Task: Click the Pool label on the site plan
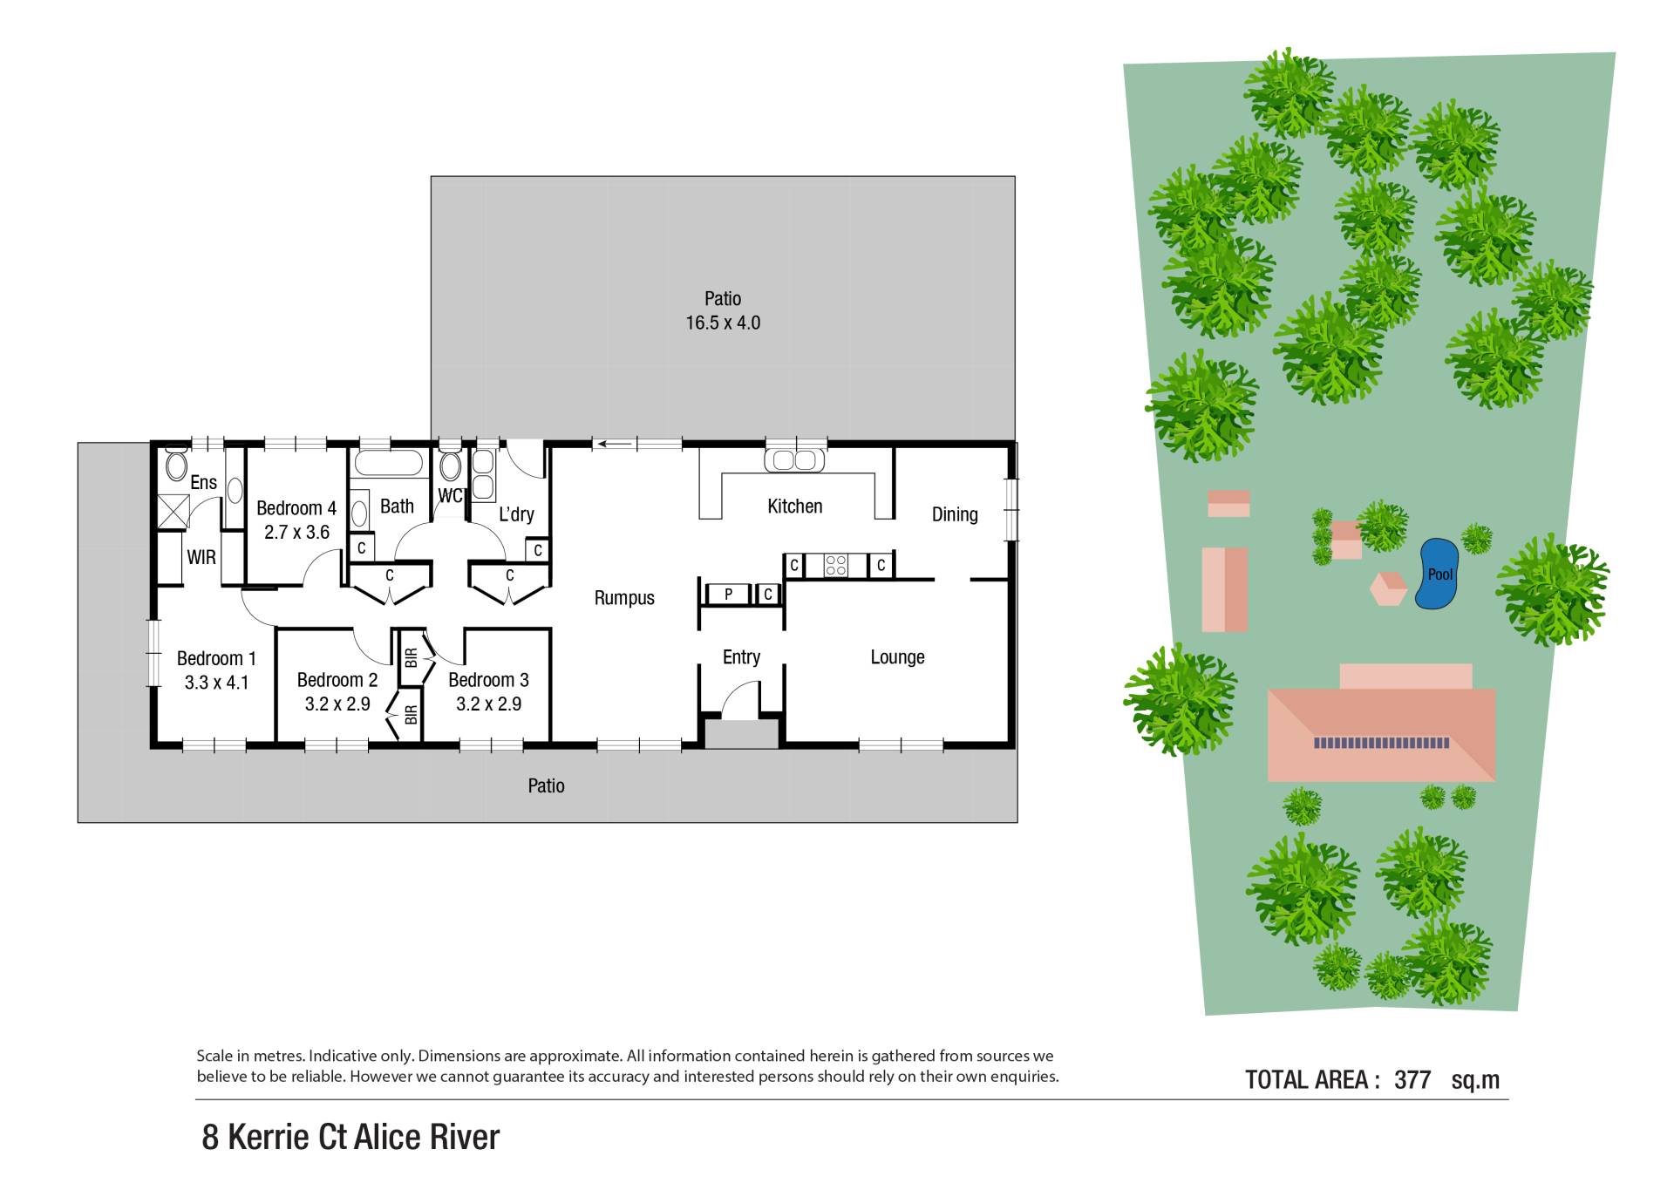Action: point(1440,574)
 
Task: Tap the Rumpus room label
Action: point(624,598)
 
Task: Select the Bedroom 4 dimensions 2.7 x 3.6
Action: point(296,532)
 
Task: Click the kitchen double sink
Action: point(794,459)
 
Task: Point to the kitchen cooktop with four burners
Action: point(836,565)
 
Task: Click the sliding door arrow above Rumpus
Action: point(615,444)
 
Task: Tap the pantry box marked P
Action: point(728,595)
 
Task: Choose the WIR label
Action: point(201,557)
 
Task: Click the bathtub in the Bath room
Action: point(389,462)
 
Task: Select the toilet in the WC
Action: point(450,466)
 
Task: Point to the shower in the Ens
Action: point(173,512)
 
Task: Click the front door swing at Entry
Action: point(739,699)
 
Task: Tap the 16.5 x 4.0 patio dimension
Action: point(723,323)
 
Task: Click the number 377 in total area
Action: point(1412,1079)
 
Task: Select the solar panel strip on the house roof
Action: point(1382,743)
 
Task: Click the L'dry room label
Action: point(516,514)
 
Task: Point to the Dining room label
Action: point(955,514)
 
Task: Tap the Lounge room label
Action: point(897,657)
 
